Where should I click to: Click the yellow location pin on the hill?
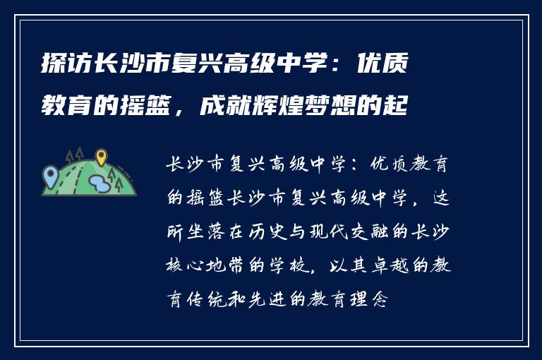coord(101,157)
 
